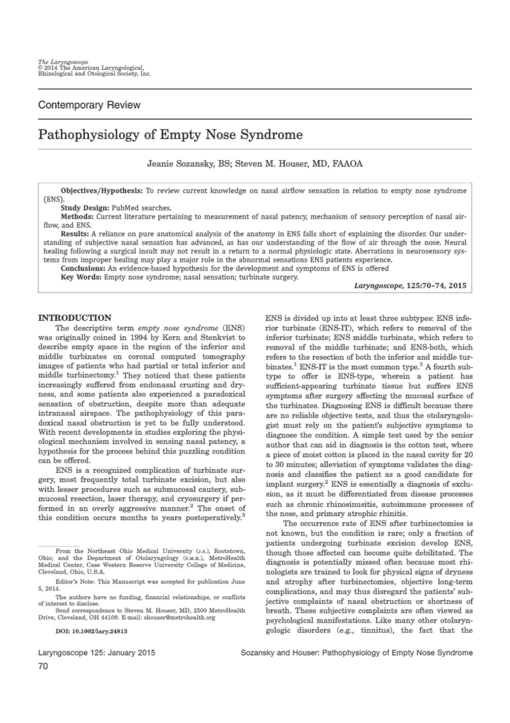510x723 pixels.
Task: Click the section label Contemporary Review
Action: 89,105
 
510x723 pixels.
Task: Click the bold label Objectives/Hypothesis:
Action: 102,191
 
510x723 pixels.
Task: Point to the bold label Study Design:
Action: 85,208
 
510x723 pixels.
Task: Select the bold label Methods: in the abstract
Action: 78,216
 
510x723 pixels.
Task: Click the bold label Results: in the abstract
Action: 75,234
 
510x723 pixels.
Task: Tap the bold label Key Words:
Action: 81,277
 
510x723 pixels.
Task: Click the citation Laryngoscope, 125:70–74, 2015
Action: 410,285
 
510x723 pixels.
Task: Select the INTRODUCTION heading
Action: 74,318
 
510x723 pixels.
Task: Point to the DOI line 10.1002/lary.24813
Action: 91,631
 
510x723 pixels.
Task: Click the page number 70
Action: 43,666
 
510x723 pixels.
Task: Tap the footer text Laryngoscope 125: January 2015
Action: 97,653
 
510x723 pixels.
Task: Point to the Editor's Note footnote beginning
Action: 75,582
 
